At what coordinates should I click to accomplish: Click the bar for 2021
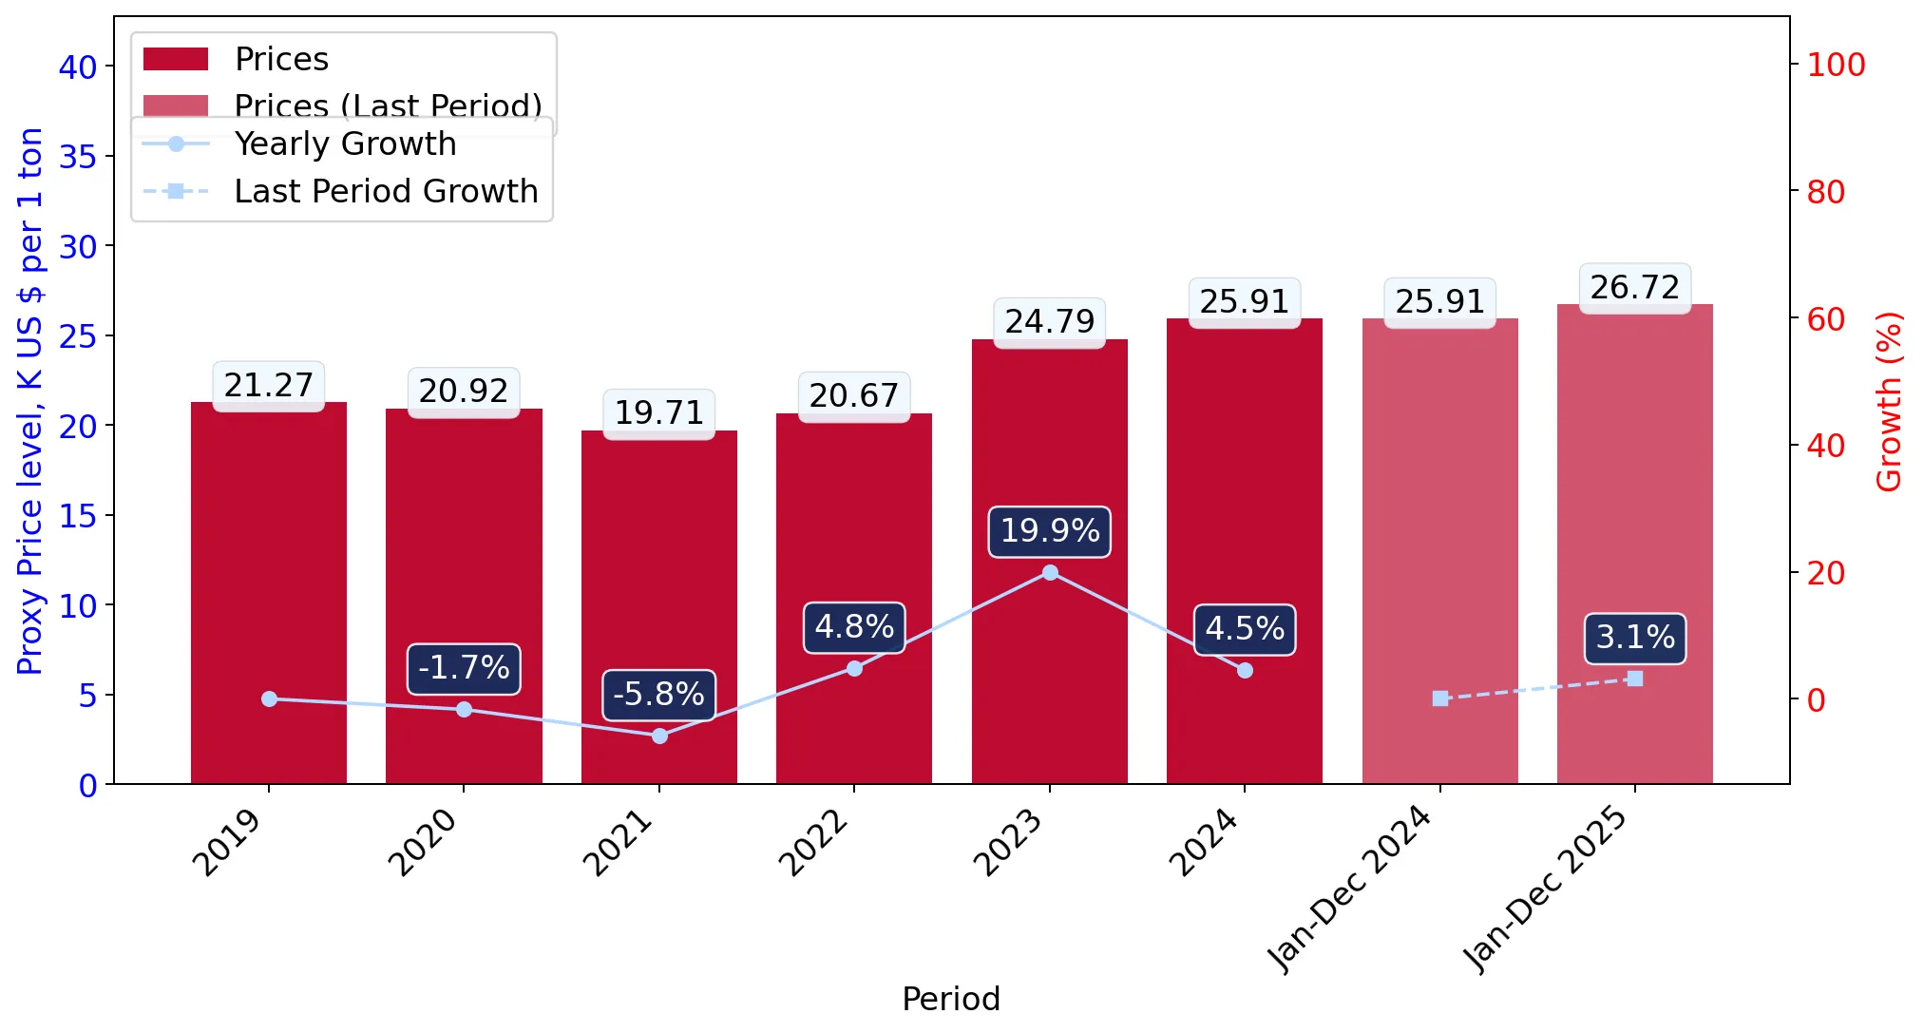(x=659, y=607)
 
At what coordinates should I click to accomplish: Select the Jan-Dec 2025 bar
(x=1635, y=544)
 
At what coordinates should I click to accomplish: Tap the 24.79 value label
(x=1050, y=322)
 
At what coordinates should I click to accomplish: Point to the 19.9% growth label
(x=1050, y=531)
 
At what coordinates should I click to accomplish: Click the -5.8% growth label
(x=658, y=695)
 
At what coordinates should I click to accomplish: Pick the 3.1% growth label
(x=1635, y=638)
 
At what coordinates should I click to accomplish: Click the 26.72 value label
(x=1635, y=288)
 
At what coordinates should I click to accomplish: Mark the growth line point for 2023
(x=1050, y=572)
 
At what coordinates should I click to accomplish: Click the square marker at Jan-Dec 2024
(x=1440, y=698)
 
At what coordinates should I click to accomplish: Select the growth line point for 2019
(x=269, y=698)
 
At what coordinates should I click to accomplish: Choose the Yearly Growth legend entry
(x=299, y=144)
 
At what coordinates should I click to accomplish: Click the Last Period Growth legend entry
(x=340, y=192)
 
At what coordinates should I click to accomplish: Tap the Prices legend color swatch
(x=176, y=59)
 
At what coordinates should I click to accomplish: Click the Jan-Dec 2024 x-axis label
(x=1350, y=890)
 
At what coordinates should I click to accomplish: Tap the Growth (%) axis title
(x=1889, y=401)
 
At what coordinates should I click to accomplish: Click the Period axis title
(x=951, y=1000)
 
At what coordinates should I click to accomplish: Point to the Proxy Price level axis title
(x=30, y=401)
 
